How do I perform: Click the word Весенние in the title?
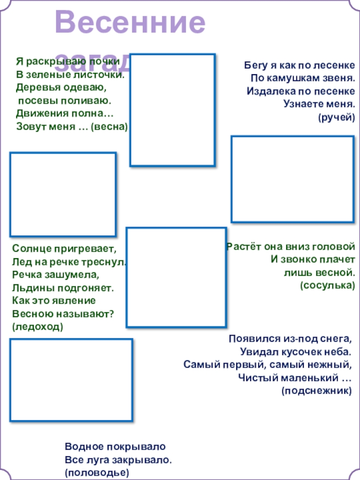click(130, 23)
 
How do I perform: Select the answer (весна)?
click(109, 127)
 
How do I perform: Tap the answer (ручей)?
click(337, 118)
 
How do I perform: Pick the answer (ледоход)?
click(38, 327)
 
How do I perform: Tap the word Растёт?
click(242, 247)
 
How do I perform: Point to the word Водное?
click(84, 447)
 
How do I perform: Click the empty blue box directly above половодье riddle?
click(71, 380)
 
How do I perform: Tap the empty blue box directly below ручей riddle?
click(292, 179)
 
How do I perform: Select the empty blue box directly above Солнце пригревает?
click(63, 194)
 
